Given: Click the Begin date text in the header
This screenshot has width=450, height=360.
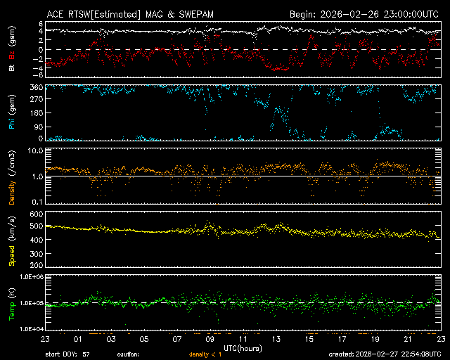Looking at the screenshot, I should pyautogui.click(x=365, y=14).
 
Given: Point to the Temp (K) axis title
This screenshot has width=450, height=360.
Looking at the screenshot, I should pyautogui.click(x=12, y=302).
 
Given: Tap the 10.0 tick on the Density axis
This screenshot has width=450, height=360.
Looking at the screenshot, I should pyautogui.click(x=35, y=151).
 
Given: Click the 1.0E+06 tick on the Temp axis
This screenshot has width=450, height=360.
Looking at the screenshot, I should pyautogui.click(x=31, y=277).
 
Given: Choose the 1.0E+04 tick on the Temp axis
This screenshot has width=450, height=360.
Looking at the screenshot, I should pyautogui.click(x=31, y=329).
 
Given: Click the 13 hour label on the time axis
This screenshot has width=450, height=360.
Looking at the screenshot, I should pyautogui.click(x=276, y=339).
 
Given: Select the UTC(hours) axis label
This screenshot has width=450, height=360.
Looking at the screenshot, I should pyautogui.click(x=243, y=347).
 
